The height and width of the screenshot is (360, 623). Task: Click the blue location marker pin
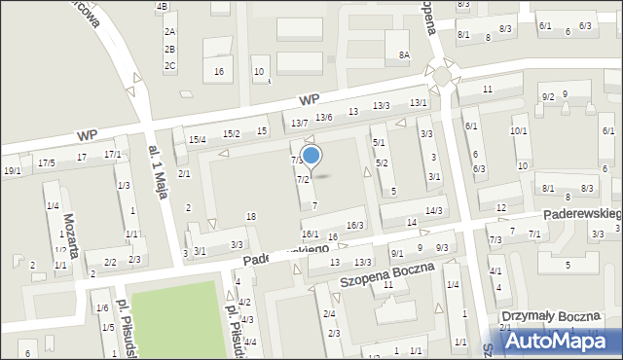point(311,156)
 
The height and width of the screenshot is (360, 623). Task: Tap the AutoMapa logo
point(558,341)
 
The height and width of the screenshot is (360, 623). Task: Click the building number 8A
point(404,55)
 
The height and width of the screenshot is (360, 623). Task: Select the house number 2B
point(169,49)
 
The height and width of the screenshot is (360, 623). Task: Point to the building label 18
point(251,216)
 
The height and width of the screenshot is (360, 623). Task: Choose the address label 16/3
point(355,226)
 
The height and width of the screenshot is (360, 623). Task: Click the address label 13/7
point(299,123)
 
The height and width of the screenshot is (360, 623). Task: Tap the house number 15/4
point(198,140)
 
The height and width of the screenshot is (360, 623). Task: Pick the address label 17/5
point(47,162)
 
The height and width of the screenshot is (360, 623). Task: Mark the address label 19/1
point(12,171)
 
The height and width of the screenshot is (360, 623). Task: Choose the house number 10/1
point(519,131)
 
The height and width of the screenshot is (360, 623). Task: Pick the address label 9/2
point(548,96)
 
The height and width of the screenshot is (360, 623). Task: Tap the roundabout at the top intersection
point(442,76)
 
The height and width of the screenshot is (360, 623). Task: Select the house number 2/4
point(330,313)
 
